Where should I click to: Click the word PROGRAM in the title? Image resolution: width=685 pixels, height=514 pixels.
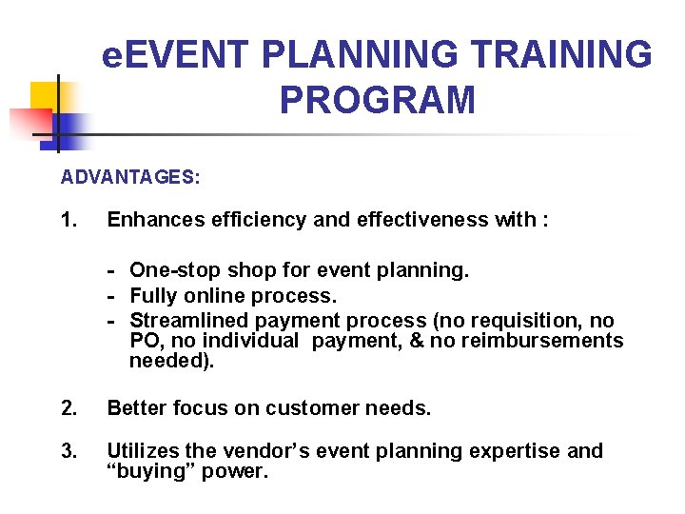point(377,99)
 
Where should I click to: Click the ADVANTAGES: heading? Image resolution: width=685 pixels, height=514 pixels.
point(130,177)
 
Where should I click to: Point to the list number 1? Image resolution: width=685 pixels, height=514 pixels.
point(68,220)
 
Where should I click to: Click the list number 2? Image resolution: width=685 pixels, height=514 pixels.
point(68,408)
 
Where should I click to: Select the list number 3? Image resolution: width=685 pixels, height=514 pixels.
point(68,451)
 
